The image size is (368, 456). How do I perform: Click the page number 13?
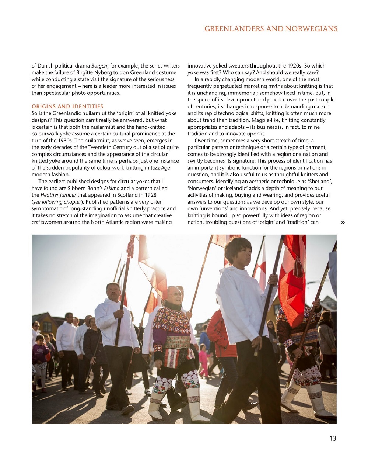click(333, 438)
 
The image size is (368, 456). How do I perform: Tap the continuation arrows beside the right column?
click(343, 222)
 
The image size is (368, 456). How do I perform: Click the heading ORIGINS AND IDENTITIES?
click(67, 106)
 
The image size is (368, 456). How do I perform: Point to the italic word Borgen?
click(99, 66)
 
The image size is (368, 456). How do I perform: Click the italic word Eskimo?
click(112, 188)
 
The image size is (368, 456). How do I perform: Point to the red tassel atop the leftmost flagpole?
click(131, 246)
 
